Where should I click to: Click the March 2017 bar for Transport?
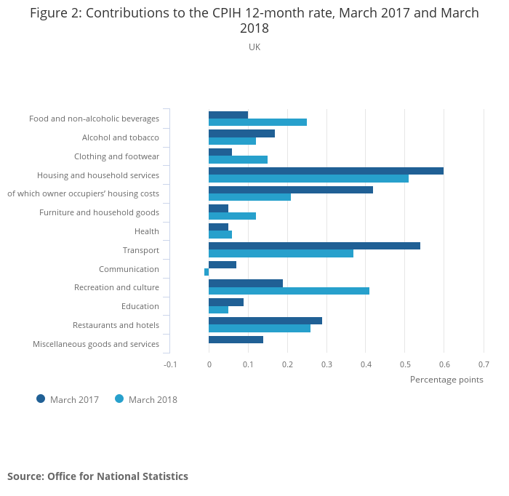point(314,246)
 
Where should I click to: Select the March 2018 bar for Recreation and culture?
point(289,291)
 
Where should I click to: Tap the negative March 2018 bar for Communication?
point(207,272)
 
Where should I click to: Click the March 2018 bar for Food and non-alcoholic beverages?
point(257,122)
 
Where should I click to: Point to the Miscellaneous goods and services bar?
point(236,340)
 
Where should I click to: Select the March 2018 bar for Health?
point(220,234)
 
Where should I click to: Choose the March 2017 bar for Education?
point(226,302)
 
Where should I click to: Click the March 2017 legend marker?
point(41,399)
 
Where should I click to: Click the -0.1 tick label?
point(169,364)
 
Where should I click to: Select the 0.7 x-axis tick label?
point(484,364)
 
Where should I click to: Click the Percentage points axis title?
point(446,380)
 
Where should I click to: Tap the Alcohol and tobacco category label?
point(120,137)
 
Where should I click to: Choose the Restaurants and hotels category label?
point(116,325)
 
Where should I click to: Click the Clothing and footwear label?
point(116,156)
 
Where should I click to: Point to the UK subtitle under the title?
point(254,47)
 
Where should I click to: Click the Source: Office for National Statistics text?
point(97,476)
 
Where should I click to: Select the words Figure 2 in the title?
point(54,13)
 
